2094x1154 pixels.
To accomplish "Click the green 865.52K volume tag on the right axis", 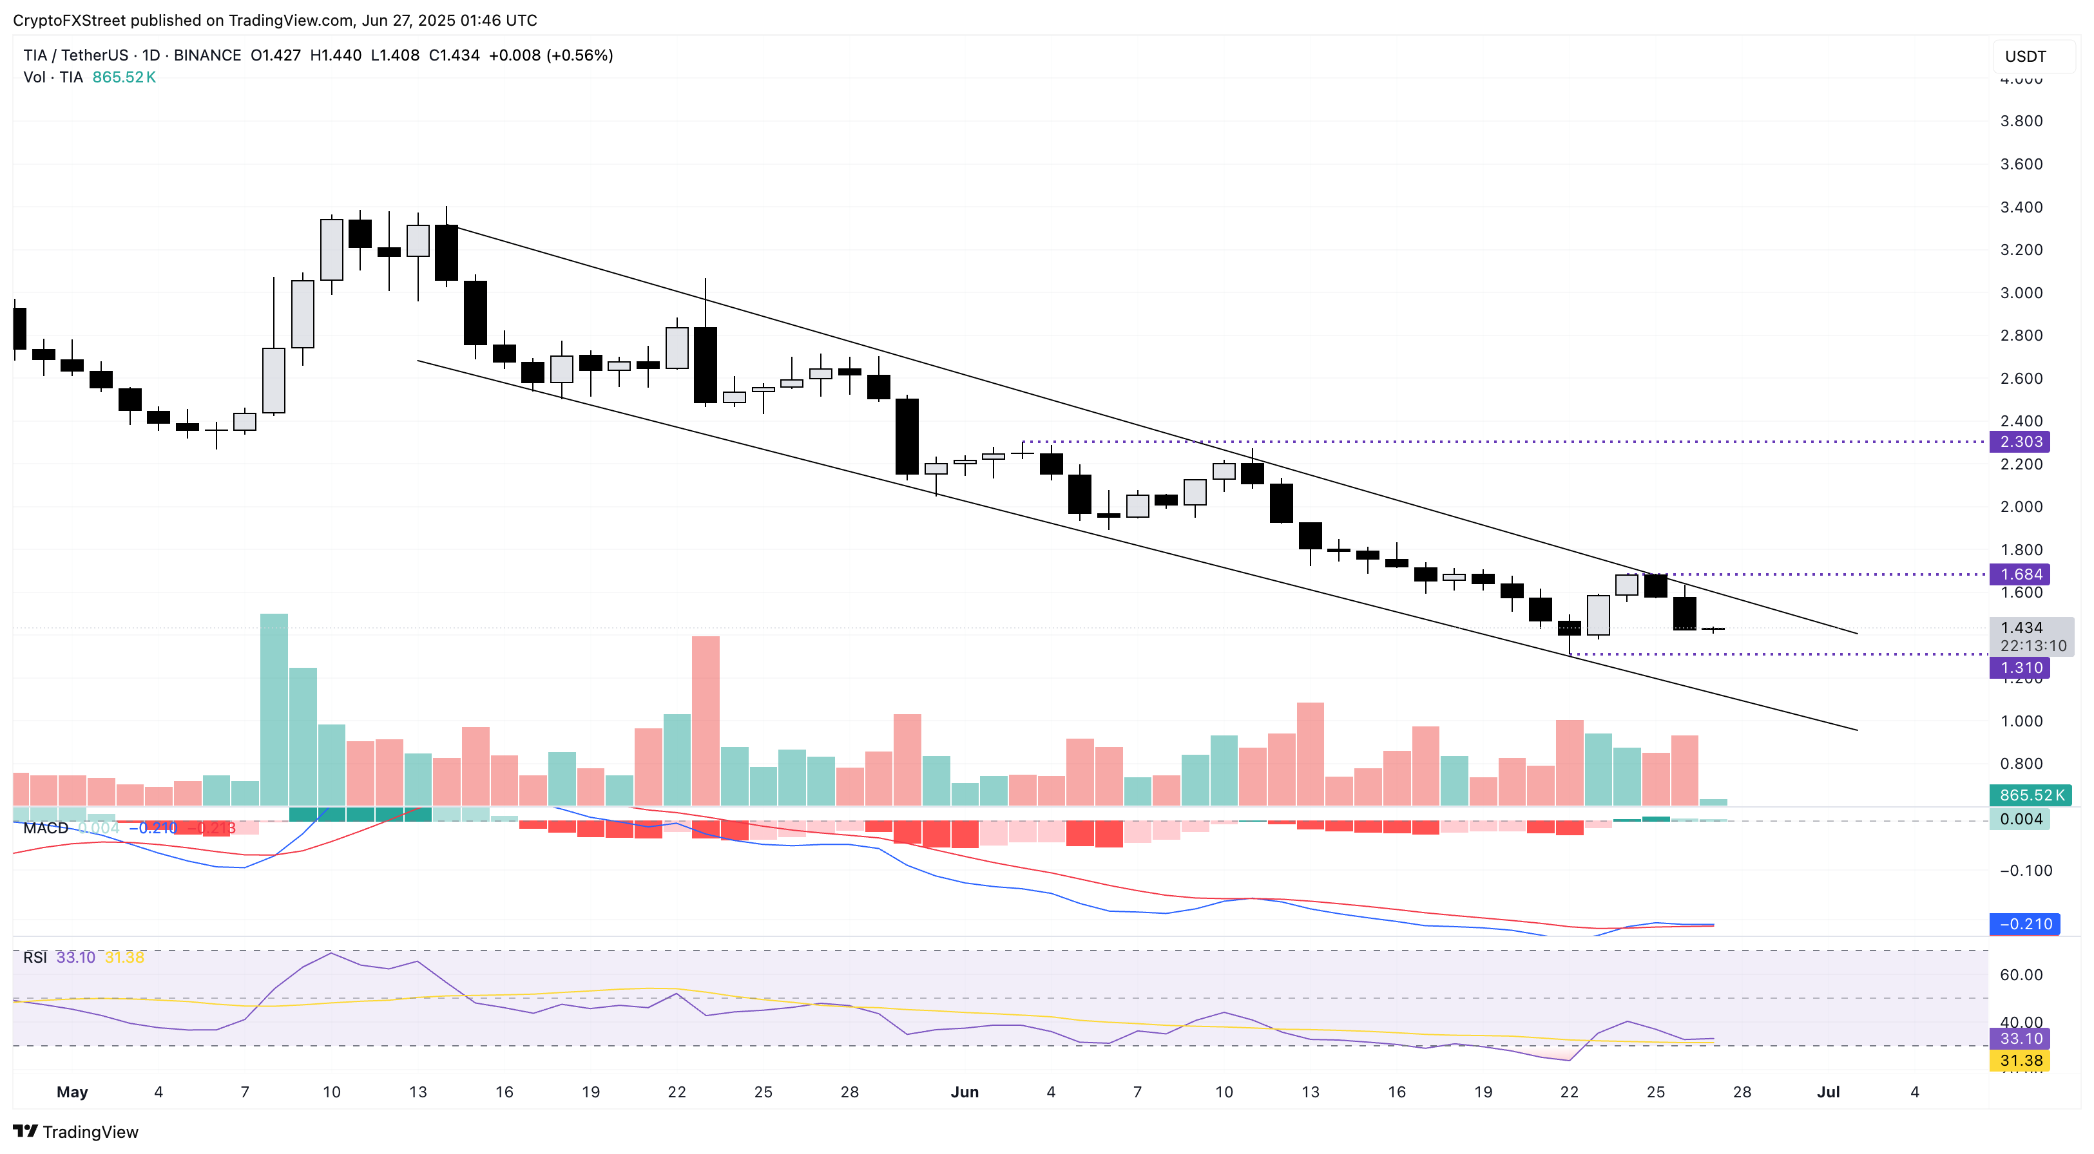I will click(2030, 795).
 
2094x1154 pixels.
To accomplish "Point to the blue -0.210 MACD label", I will click(2024, 923).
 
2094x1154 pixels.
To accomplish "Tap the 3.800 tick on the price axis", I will click(2021, 120).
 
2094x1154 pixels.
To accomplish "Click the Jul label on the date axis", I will click(1827, 1092).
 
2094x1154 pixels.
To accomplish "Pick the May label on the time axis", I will click(72, 1092).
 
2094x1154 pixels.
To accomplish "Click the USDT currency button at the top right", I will click(2025, 56).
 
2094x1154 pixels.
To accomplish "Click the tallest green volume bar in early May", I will click(273, 707).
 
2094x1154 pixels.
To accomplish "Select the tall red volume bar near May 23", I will click(706, 719).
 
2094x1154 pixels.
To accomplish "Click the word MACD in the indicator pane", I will click(46, 828).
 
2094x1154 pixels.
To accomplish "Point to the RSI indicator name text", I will click(35, 958).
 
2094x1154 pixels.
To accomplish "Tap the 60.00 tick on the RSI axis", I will click(2021, 974).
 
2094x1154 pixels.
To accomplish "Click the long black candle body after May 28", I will click(907, 437).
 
